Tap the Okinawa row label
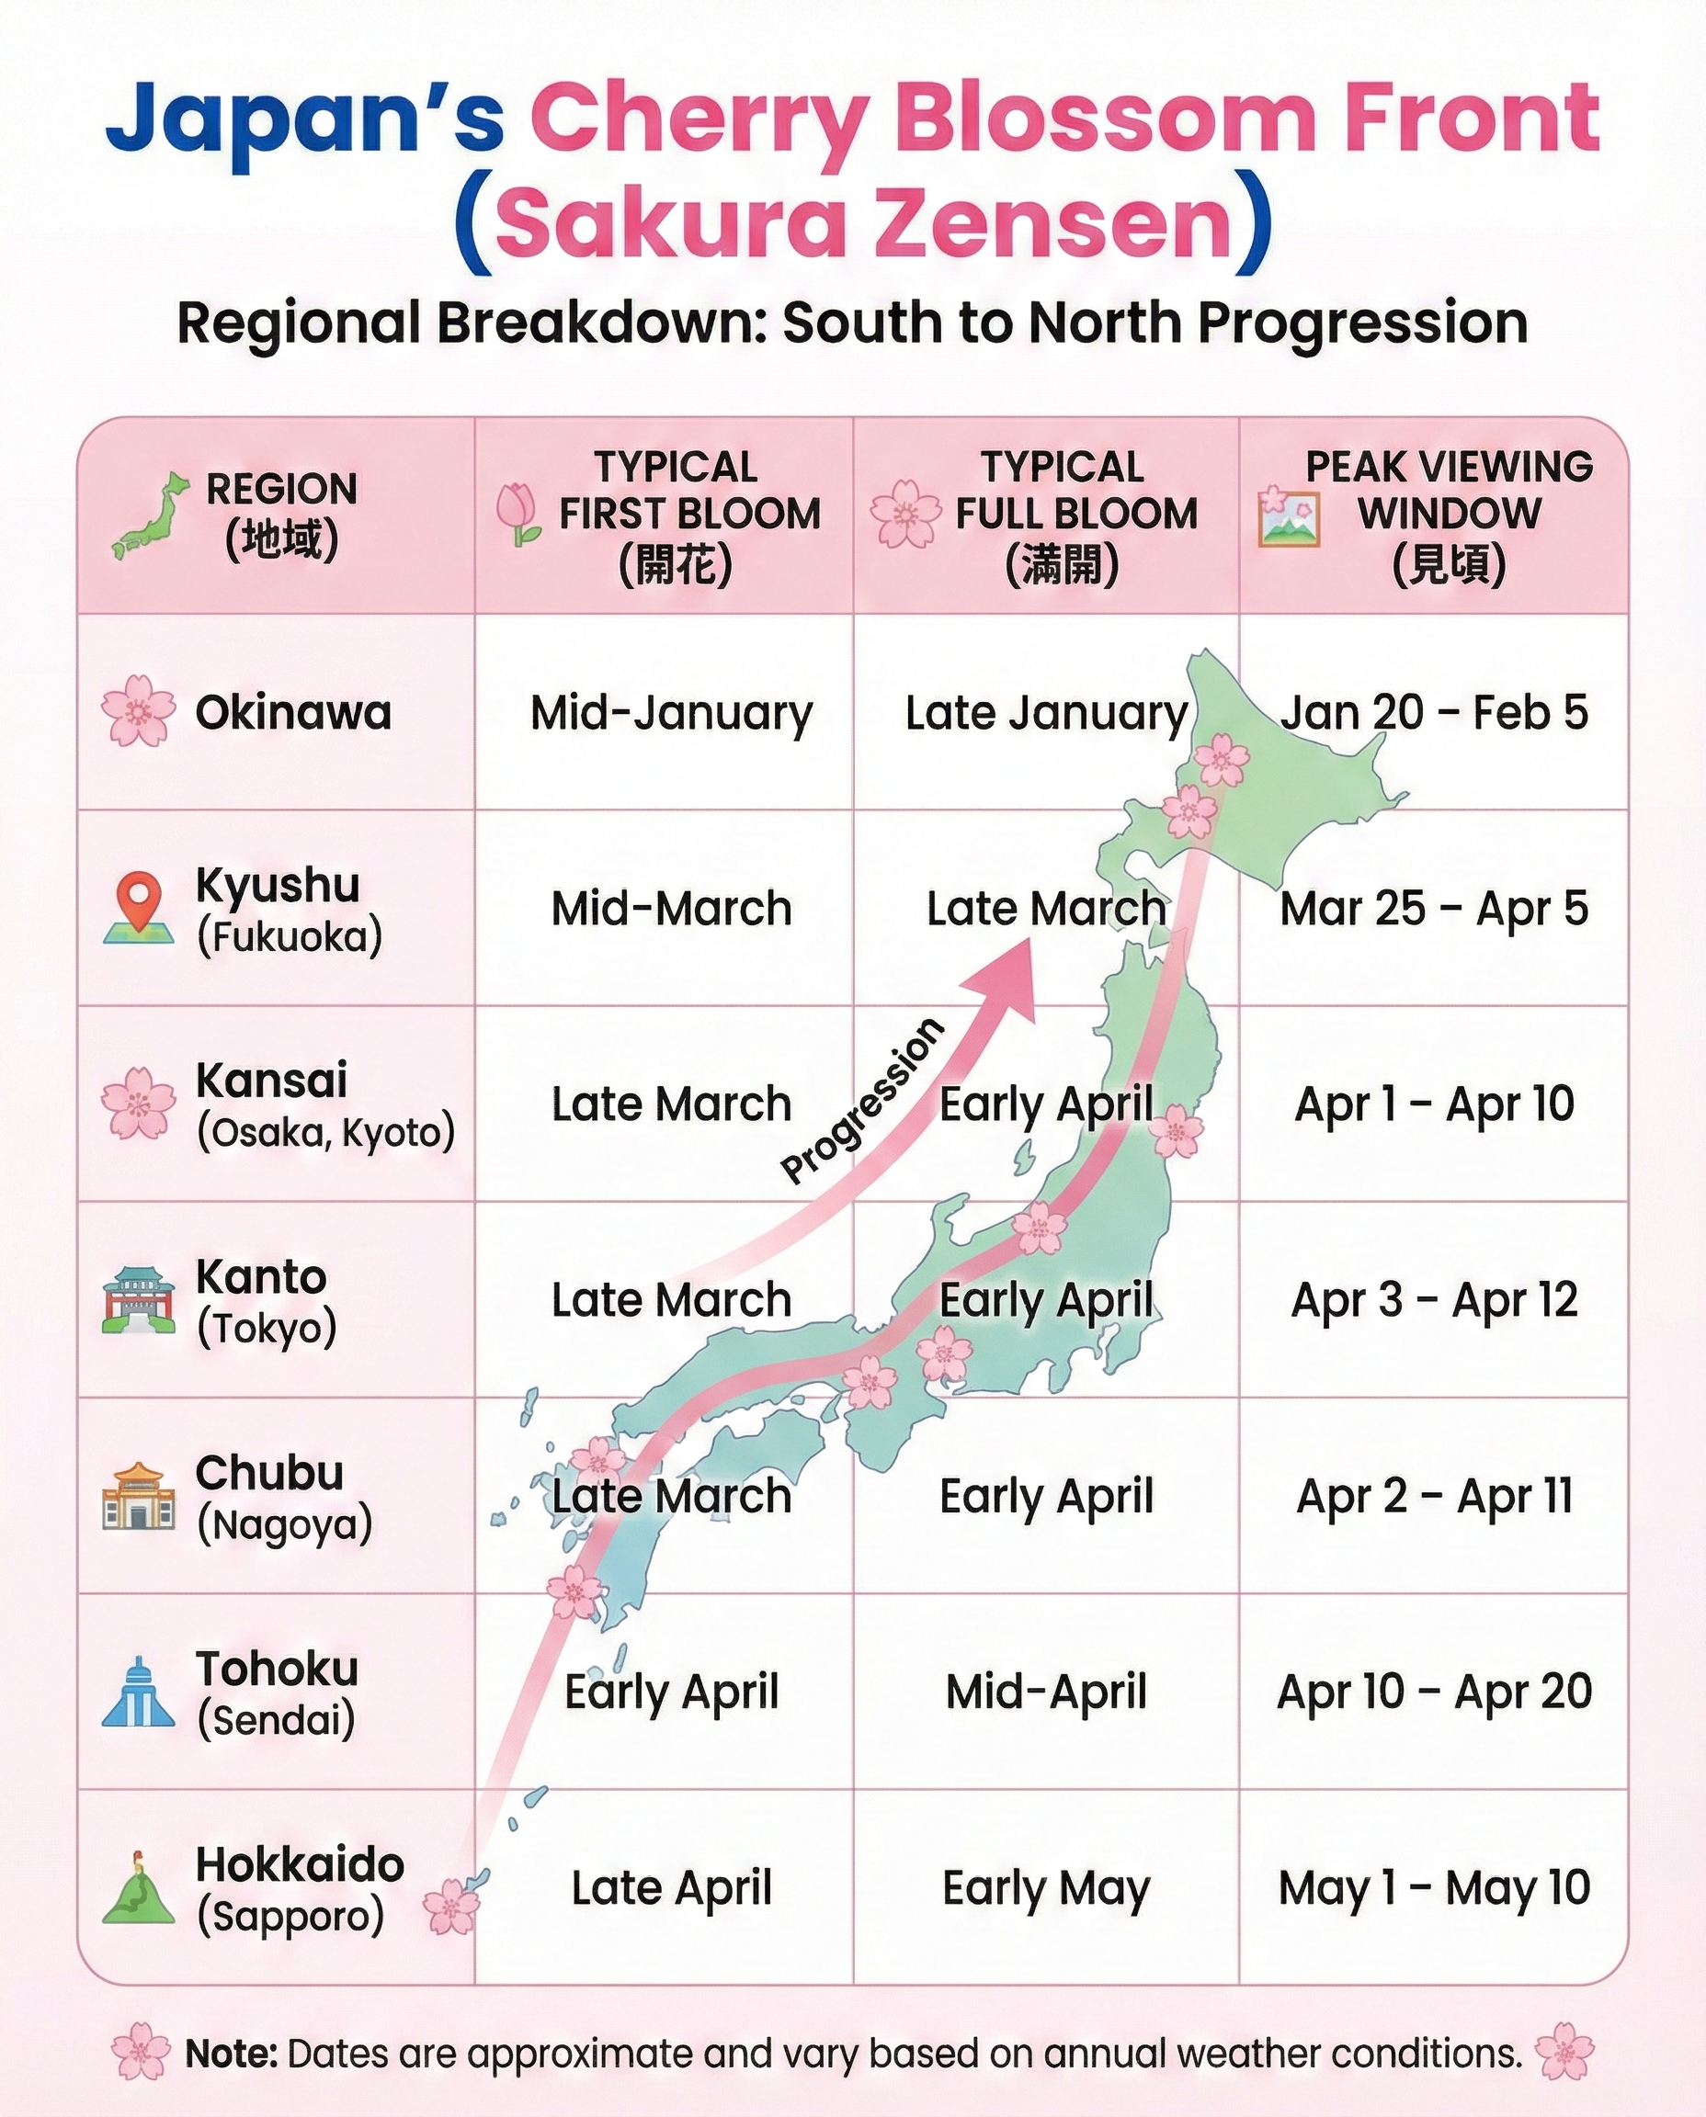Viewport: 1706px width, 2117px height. tap(293, 712)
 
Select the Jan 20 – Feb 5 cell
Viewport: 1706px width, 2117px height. tap(1434, 712)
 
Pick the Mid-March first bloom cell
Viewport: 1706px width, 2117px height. tap(671, 909)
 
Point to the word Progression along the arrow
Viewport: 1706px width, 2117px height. tap(862, 1102)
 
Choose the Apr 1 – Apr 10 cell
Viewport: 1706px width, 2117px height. tap(1434, 1104)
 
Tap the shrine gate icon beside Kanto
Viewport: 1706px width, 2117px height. tap(139, 1298)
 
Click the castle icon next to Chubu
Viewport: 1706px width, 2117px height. tap(139, 1495)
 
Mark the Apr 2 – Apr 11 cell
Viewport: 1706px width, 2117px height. tap(1434, 1496)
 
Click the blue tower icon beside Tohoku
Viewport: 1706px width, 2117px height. tap(139, 1692)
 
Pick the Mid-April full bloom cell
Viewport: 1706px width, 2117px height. tap(1046, 1692)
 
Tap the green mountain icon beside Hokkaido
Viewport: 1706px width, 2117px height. tap(139, 1887)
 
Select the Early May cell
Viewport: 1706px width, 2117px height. tap(1046, 1888)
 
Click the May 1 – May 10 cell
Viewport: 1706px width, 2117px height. tap(1434, 1888)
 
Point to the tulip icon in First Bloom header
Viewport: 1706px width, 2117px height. tap(517, 514)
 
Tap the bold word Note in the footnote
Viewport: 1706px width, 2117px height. tap(232, 2054)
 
